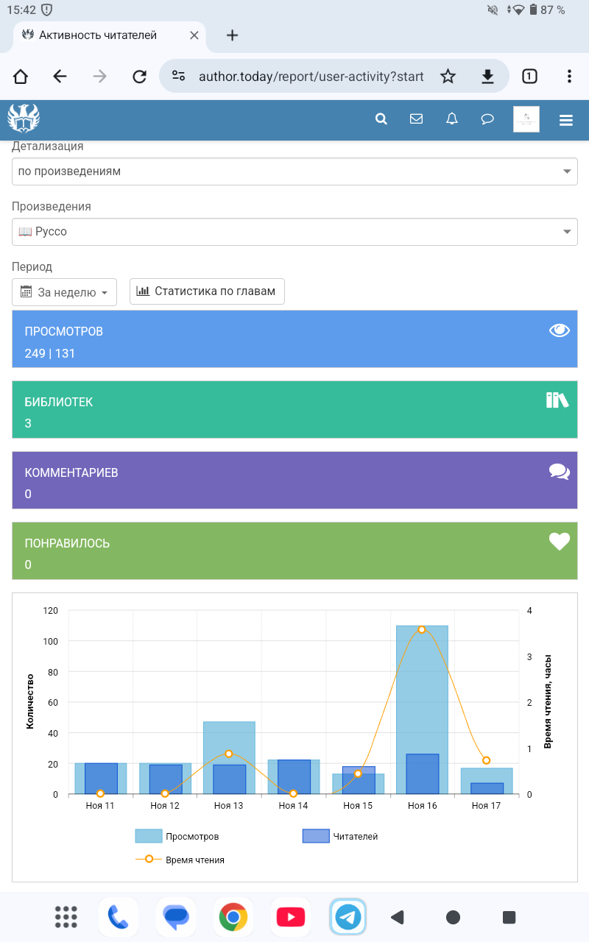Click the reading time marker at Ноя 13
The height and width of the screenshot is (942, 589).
(x=229, y=754)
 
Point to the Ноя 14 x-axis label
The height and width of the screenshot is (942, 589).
(x=293, y=806)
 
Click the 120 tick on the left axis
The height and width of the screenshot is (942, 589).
(x=50, y=611)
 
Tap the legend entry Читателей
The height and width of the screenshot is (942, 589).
(x=340, y=836)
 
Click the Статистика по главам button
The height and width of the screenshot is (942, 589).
(x=207, y=291)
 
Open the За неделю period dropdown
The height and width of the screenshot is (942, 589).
(x=65, y=292)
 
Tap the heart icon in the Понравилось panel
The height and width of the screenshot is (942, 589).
(x=560, y=542)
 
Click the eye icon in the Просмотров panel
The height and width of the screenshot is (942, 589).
(x=560, y=330)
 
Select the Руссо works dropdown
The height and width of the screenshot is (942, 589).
(x=294, y=232)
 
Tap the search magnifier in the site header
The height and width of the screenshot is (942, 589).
(x=381, y=119)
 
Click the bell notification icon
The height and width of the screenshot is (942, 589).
(x=452, y=119)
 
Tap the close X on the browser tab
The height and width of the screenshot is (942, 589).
(x=194, y=35)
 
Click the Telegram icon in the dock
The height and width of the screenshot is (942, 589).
(x=348, y=917)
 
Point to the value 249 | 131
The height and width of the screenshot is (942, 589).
(x=50, y=353)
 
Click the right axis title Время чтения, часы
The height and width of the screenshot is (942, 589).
(x=548, y=701)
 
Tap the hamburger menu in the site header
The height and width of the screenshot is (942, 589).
(x=566, y=121)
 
